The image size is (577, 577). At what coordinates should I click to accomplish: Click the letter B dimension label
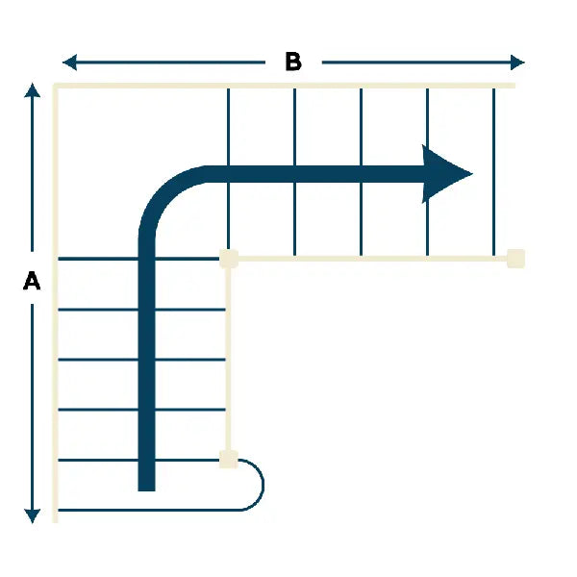coord(293,62)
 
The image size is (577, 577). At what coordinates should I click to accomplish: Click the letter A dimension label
coord(32,281)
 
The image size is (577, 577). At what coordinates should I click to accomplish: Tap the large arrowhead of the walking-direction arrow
coord(446,174)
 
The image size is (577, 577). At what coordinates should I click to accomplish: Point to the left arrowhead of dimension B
coord(69,63)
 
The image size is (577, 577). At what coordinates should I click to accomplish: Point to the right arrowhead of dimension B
coord(517,63)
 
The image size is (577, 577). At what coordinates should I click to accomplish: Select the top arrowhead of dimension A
coord(32,90)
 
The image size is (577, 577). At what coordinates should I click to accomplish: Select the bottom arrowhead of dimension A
coord(32,515)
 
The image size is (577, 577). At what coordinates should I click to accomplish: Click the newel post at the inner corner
coord(229,259)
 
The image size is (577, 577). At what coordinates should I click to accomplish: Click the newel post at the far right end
coord(515,259)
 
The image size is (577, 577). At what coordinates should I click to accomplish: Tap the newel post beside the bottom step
coord(229,460)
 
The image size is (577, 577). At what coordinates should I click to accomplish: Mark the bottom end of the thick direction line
coord(146,490)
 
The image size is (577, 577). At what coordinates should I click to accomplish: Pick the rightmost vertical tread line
coord(493,172)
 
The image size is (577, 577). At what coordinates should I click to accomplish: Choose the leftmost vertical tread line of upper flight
coord(228,169)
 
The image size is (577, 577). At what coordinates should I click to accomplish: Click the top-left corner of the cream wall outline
coord(55,86)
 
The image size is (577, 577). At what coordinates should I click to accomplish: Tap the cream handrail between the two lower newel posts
coord(228,359)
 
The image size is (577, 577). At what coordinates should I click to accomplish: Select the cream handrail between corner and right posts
coord(372,259)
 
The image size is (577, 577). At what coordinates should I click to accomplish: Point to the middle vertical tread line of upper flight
coord(361,172)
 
